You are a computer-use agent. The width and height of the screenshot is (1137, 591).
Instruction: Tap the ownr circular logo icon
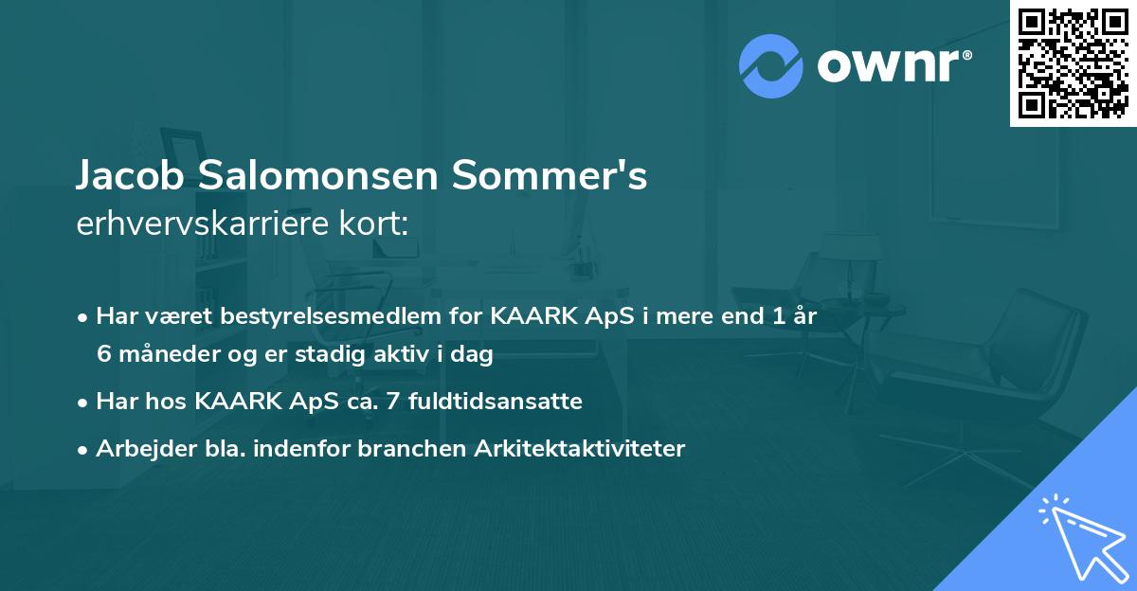click(770, 66)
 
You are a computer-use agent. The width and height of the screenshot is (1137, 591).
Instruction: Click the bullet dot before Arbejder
click(84, 450)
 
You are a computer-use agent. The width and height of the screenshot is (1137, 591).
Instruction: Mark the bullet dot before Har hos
click(84, 403)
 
